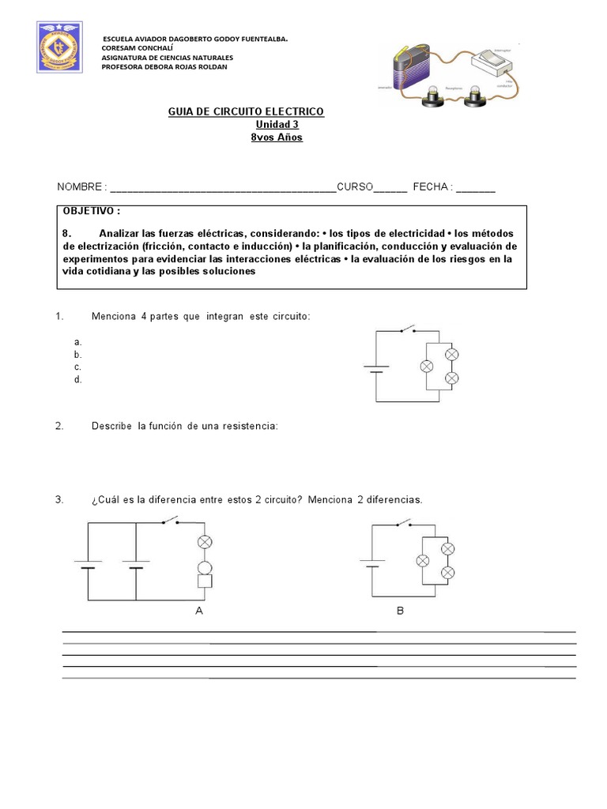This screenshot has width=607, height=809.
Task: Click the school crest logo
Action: [x=59, y=48]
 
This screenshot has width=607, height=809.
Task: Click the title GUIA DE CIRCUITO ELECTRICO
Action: [x=246, y=112]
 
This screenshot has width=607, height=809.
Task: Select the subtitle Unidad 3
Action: [x=277, y=125]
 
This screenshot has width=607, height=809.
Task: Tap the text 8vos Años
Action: [x=277, y=137]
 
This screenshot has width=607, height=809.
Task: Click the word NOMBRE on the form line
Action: [x=79, y=187]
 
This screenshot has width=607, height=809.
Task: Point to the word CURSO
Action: [x=355, y=187]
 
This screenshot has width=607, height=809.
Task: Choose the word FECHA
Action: [x=431, y=187]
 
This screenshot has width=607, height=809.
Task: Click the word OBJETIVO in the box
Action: [x=90, y=212]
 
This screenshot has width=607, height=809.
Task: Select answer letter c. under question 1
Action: [x=77, y=367]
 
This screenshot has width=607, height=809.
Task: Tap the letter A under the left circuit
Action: [x=198, y=611]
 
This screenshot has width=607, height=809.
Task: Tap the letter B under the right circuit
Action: [x=401, y=611]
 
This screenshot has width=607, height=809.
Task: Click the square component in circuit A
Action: [x=204, y=582]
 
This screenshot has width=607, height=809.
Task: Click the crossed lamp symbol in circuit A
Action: [x=204, y=542]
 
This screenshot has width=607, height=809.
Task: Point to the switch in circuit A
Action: [x=170, y=520]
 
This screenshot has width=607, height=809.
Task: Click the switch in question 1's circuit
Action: [x=409, y=329]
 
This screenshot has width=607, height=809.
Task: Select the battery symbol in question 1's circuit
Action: [x=375, y=368]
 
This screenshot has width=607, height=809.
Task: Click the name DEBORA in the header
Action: [x=164, y=66]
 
